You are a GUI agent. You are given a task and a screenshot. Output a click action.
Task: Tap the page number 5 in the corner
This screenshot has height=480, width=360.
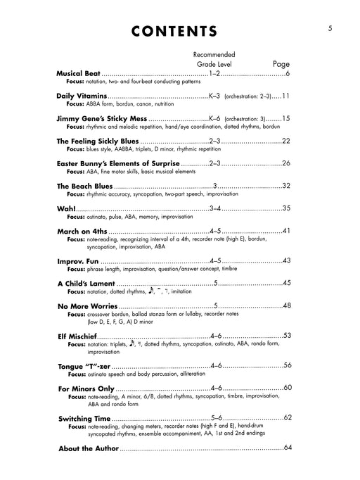[x=329, y=28]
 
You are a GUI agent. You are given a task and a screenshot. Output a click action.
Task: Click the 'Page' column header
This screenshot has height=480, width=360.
[x=281, y=63]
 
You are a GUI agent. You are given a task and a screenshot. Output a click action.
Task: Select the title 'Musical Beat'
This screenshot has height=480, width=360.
[x=79, y=74]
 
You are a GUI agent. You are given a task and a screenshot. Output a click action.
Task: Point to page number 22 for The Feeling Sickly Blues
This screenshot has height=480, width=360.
[x=285, y=141]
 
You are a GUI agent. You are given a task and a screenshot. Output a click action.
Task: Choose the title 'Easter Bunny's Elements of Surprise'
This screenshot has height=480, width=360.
[x=122, y=163]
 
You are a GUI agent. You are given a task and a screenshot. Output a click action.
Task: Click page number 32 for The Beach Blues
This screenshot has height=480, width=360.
[x=285, y=186]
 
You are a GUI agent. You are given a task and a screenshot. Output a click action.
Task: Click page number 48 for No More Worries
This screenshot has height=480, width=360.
[x=285, y=305]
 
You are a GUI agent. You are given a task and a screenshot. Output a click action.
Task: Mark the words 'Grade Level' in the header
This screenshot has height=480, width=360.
[x=215, y=64]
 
